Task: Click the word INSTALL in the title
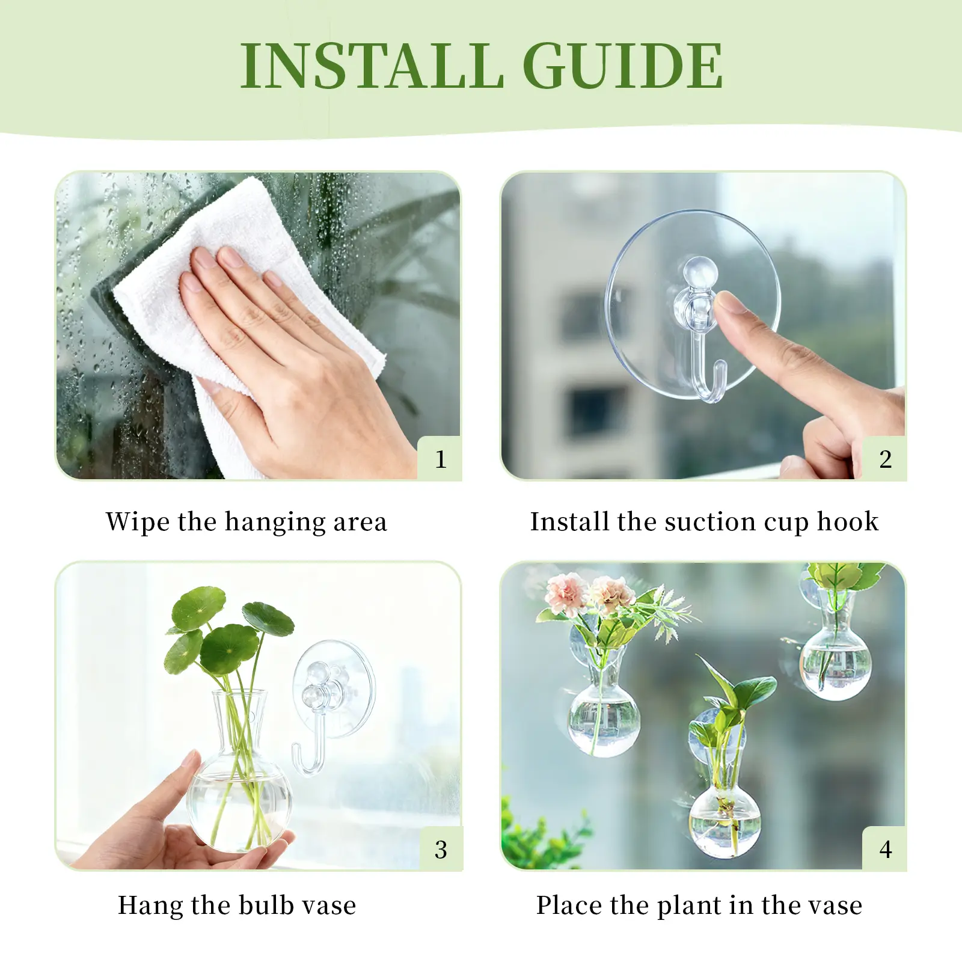[372, 66]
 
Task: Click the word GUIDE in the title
[622, 66]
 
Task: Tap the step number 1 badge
[440, 459]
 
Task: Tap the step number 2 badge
[885, 459]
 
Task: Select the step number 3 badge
[441, 849]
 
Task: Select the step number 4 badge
[885, 849]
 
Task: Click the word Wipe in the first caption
[138, 521]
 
